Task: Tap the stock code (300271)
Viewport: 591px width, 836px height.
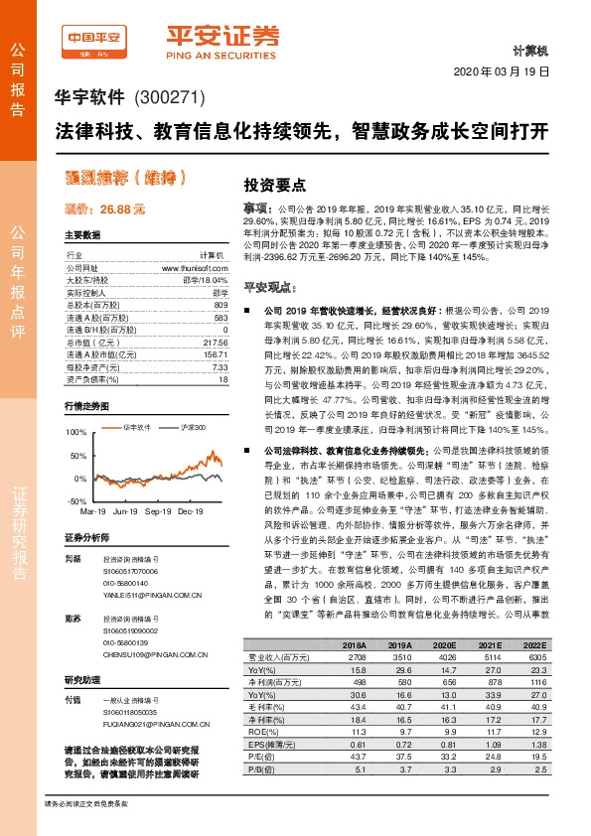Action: click(169, 98)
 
